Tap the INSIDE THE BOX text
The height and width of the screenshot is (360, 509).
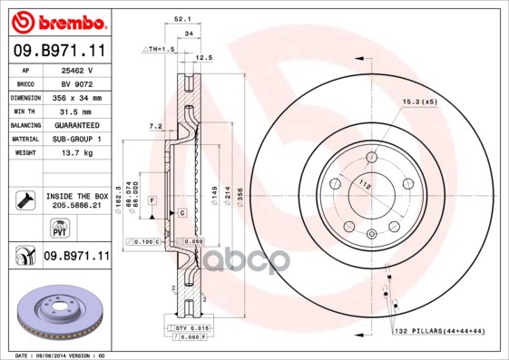tap(77, 196)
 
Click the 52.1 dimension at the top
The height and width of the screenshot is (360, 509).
tap(181, 17)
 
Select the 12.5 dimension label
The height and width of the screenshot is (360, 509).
tap(204, 57)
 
